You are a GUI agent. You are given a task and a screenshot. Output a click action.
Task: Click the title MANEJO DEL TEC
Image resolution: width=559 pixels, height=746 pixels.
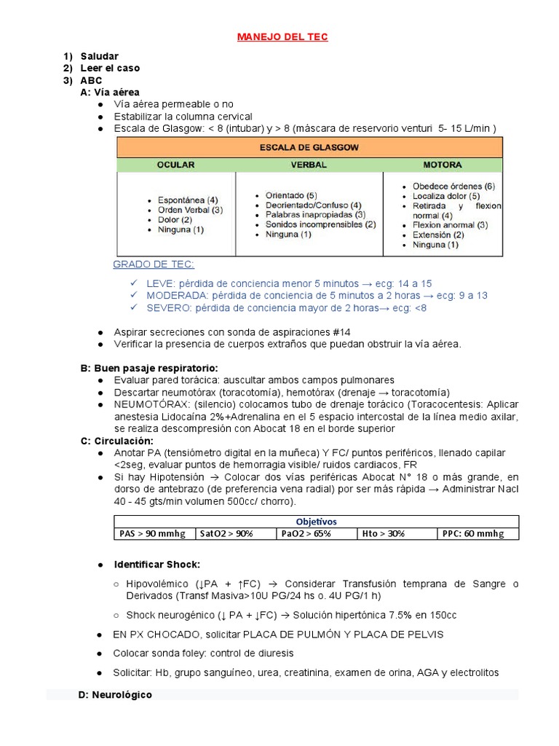[x=282, y=36]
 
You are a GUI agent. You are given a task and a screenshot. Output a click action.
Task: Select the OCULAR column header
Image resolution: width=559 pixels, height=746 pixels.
[x=175, y=165]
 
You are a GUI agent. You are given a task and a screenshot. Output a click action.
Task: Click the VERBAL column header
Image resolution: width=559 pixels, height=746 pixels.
[x=309, y=165]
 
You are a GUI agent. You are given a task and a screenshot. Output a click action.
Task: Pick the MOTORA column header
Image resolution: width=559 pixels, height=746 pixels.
[x=443, y=165]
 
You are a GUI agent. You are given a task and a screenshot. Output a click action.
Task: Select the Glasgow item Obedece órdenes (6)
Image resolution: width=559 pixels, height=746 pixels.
[x=453, y=186]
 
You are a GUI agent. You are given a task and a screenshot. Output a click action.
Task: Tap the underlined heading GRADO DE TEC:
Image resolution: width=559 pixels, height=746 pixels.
[x=154, y=264]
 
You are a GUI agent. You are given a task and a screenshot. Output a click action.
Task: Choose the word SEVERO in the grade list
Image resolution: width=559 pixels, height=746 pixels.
[x=167, y=307]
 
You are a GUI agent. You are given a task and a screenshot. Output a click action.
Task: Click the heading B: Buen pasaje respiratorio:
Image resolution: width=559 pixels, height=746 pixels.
[x=149, y=368]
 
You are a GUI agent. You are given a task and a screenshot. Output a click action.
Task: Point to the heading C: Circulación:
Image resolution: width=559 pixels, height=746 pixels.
[x=117, y=441]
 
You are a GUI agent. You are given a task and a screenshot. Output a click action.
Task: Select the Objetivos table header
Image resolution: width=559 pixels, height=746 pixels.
[x=317, y=522]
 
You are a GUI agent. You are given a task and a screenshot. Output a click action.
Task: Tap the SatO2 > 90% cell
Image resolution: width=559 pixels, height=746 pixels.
[x=227, y=533]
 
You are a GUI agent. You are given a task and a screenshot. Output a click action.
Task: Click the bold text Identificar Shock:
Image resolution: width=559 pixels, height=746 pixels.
[x=157, y=565]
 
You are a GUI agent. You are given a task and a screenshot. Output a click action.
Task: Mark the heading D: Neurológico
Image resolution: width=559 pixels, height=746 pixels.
[x=115, y=695]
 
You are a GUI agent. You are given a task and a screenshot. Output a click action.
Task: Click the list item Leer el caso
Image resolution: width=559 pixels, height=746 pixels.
[x=110, y=68]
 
